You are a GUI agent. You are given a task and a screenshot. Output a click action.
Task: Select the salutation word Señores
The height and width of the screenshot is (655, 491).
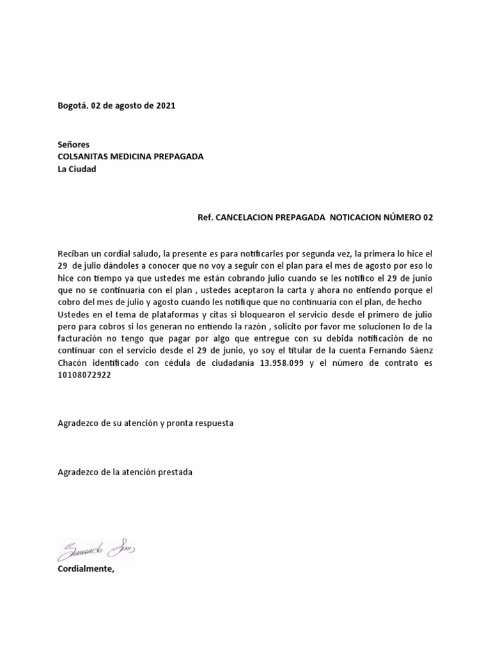[x=74, y=145]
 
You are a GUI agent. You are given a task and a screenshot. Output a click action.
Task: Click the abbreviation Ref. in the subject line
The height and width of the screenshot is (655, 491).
[x=206, y=217]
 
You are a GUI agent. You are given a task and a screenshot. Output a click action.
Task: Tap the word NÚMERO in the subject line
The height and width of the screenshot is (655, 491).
[x=401, y=217]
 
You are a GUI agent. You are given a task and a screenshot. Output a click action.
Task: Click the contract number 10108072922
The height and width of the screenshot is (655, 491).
[x=84, y=376]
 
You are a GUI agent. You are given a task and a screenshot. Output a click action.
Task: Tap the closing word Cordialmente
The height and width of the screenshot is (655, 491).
[x=86, y=569]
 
